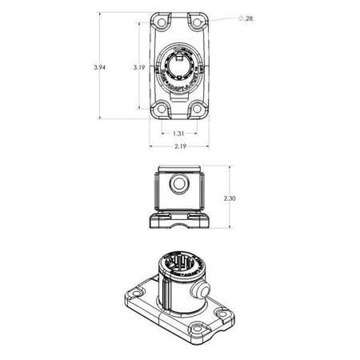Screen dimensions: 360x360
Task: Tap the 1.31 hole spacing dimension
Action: (x=179, y=134)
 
